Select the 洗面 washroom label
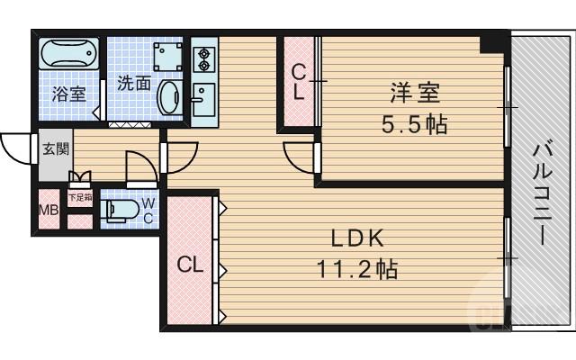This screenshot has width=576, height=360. [134, 84]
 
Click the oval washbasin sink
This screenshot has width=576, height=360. [168, 95]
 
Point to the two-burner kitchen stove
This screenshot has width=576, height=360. [202, 59]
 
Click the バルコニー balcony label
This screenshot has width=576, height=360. [542, 193]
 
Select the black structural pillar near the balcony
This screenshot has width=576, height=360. [491, 41]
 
